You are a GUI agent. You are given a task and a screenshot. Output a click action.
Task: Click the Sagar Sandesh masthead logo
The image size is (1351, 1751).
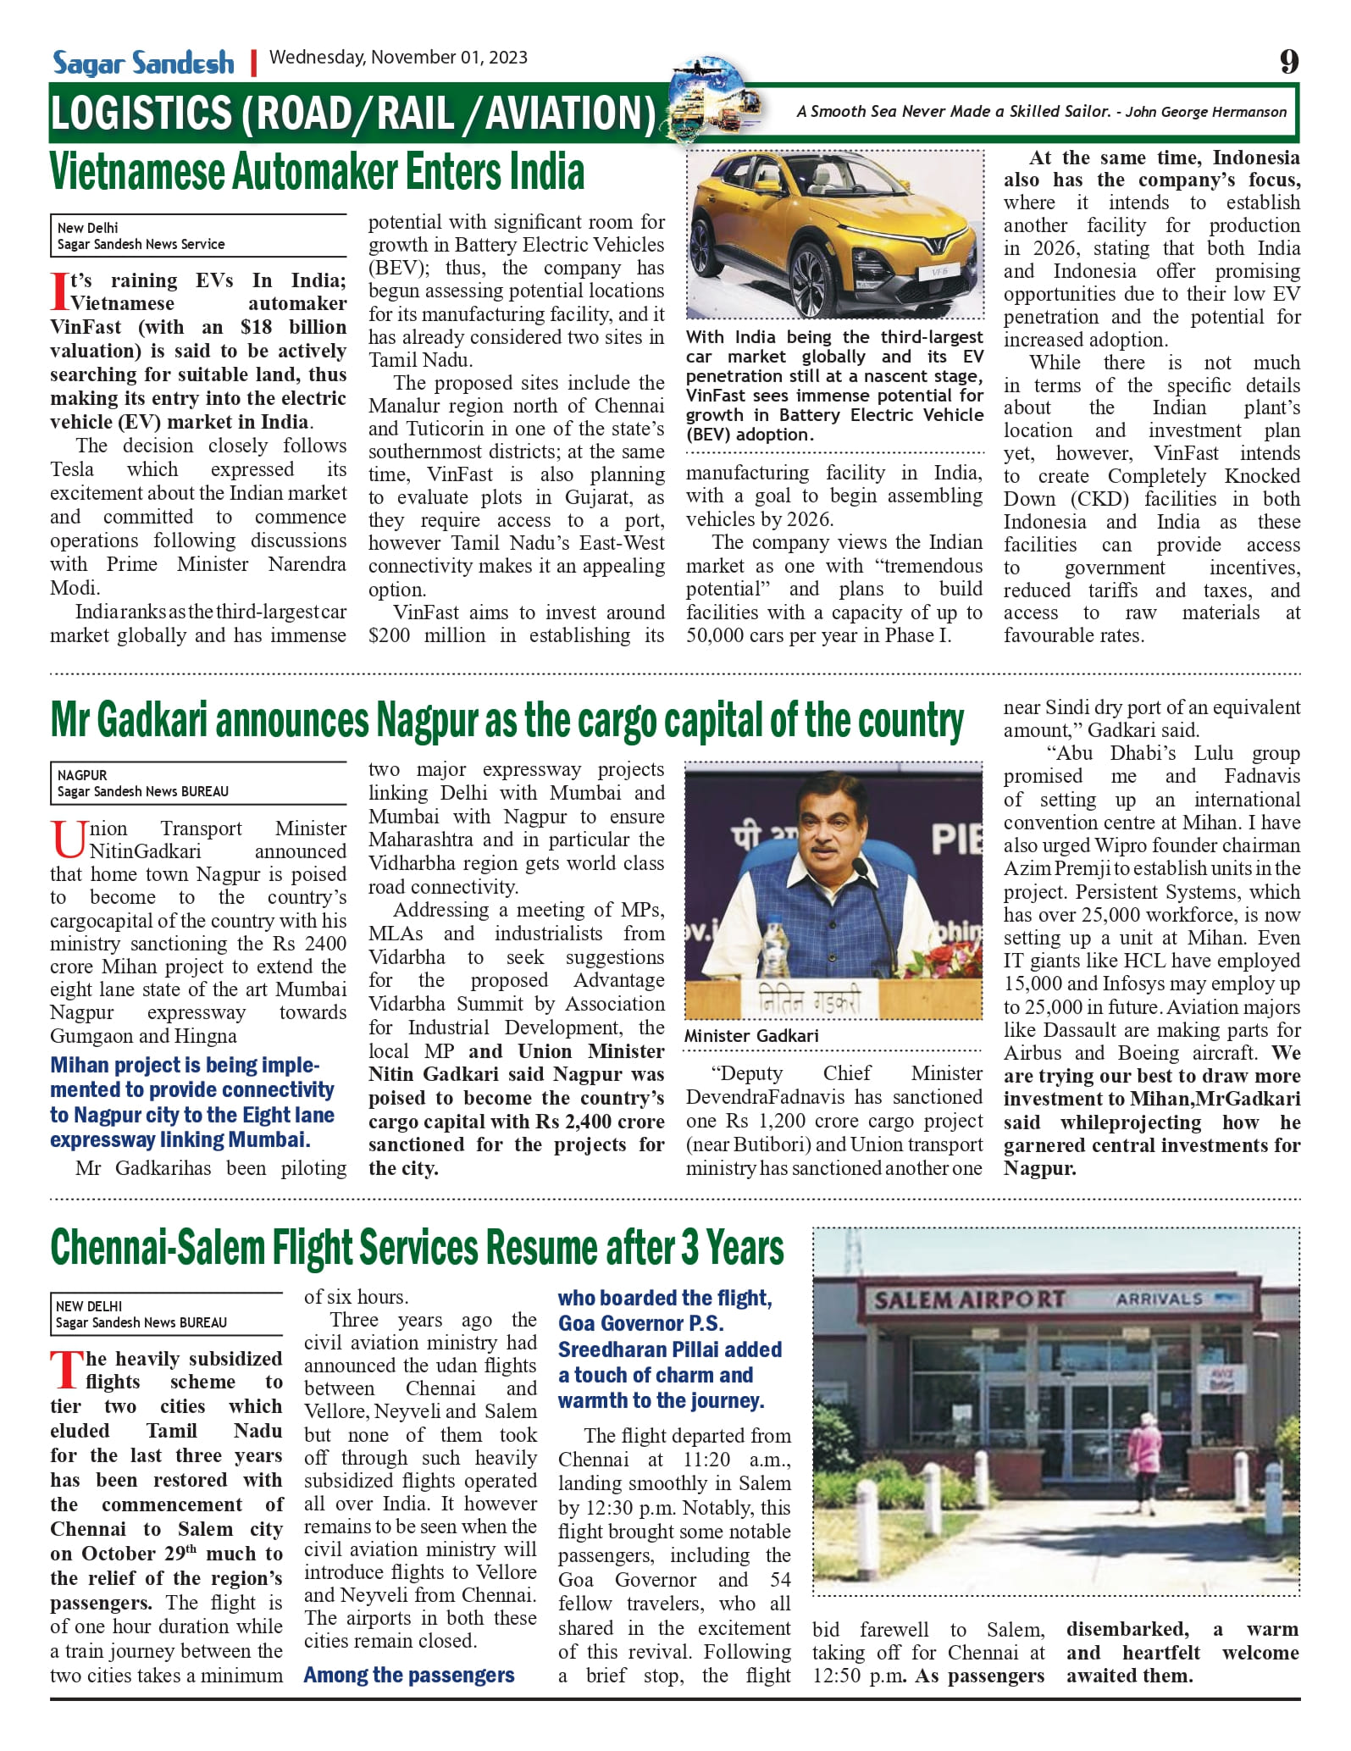click(143, 63)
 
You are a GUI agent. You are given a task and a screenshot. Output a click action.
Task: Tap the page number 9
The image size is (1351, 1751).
click(1288, 61)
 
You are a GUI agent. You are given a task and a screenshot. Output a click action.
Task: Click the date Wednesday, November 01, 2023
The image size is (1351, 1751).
click(398, 58)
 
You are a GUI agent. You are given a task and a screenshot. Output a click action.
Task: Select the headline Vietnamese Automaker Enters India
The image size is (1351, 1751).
click(317, 172)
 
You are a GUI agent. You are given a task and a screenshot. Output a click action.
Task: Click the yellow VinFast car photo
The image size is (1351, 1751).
click(834, 235)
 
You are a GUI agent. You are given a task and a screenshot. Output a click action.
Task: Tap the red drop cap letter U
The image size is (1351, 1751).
click(68, 839)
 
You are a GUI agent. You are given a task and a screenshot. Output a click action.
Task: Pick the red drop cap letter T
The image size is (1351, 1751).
click(66, 1371)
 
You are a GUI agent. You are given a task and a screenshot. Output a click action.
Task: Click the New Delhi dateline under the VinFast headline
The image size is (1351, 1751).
click(88, 228)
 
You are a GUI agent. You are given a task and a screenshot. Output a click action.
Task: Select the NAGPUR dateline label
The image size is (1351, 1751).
click(82, 775)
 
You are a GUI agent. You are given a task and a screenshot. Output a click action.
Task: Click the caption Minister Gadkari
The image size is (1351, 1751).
click(751, 1036)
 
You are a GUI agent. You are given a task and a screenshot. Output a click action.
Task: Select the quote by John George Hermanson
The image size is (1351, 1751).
click(1040, 112)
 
